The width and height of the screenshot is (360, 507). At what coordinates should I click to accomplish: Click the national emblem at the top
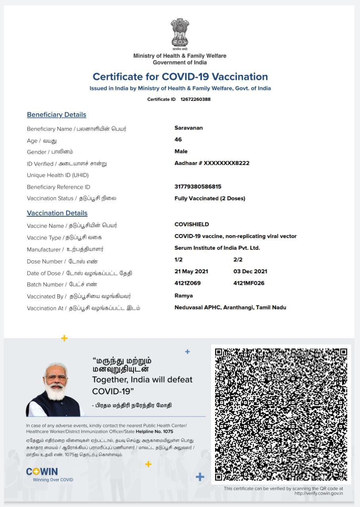pyautogui.click(x=180, y=34)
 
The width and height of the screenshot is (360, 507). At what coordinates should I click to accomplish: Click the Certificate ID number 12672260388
pyautogui.click(x=196, y=99)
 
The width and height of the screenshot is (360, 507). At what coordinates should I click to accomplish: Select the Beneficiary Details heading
pyautogui.click(x=57, y=115)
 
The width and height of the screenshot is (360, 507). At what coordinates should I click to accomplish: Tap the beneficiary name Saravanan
pyautogui.click(x=189, y=128)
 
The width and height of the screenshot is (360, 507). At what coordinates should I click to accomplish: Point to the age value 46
pyautogui.click(x=178, y=139)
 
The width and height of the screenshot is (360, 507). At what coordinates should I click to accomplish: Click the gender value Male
pyautogui.click(x=181, y=151)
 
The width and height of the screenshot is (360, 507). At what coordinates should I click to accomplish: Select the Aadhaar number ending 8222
pyautogui.click(x=212, y=163)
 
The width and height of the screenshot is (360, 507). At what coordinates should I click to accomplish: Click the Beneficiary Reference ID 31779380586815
pyautogui.click(x=198, y=187)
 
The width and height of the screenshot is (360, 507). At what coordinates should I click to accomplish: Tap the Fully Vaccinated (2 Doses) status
pyautogui.click(x=210, y=198)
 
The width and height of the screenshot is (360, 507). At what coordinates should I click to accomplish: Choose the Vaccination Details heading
pyautogui.click(x=57, y=213)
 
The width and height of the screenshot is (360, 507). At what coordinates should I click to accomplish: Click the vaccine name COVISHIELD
pyautogui.click(x=192, y=225)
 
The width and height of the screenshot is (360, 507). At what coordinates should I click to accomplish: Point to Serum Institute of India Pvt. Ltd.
pyautogui.click(x=217, y=248)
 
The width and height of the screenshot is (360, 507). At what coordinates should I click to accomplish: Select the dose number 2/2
pyautogui.click(x=238, y=260)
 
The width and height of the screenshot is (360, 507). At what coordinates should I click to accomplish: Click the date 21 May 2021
pyautogui.click(x=191, y=271)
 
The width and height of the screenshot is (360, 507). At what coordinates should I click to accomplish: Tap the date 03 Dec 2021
pyautogui.click(x=250, y=271)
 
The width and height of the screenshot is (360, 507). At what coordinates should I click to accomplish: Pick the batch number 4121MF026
pyautogui.click(x=249, y=283)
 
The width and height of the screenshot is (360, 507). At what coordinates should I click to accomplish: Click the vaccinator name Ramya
pyautogui.click(x=184, y=295)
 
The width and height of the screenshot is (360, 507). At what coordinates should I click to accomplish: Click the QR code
pyautogui.click(x=281, y=414)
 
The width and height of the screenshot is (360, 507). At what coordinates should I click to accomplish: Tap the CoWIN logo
pyautogui.click(x=42, y=472)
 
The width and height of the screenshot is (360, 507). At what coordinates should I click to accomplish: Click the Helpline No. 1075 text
pyautogui.click(x=154, y=431)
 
